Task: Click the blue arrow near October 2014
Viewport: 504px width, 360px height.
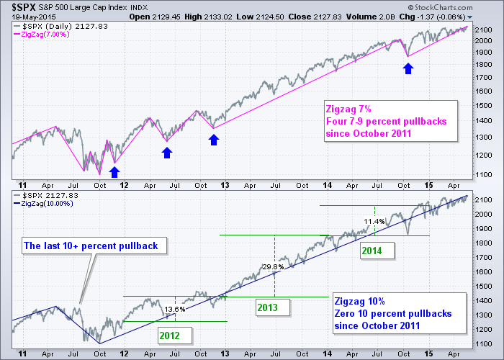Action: click(408, 68)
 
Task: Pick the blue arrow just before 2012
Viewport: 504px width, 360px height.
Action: click(114, 171)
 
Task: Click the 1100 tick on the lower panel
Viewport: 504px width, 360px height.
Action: click(485, 344)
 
